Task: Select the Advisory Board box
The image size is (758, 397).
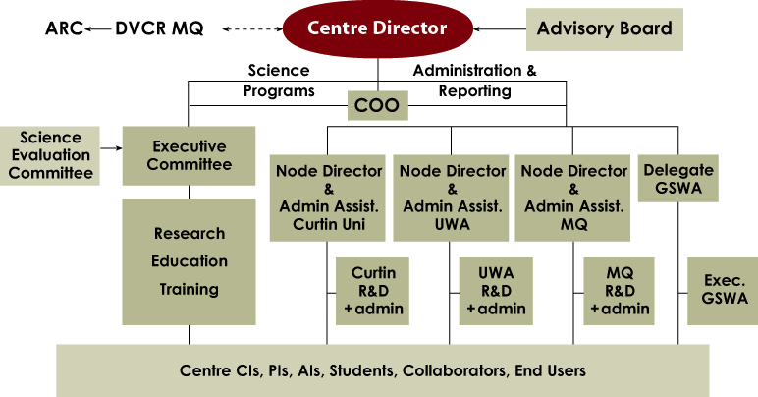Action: click(x=604, y=29)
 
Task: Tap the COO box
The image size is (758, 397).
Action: click(x=377, y=105)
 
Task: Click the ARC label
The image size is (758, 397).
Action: click(x=64, y=29)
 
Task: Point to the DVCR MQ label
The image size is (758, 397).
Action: click(x=160, y=29)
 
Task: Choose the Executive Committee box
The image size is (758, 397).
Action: click(x=189, y=155)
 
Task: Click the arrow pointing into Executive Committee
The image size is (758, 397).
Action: click(x=111, y=149)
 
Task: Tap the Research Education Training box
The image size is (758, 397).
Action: click(x=189, y=261)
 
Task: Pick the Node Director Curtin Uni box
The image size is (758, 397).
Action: click(x=329, y=196)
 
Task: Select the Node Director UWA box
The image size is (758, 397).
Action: click(x=452, y=196)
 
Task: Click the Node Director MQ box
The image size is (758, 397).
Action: click(x=573, y=196)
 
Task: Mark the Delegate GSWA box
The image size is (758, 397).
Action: click(x=677, y=178)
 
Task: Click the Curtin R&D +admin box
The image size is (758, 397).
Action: click(x=372, y=291)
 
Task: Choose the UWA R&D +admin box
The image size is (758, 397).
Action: click(x=496, y=291)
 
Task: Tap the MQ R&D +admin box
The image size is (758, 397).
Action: click(x=619, y=291)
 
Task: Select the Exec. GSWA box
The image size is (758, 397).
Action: click(x=722, y=291)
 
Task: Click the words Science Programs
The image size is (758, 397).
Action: click(x=279, y=81)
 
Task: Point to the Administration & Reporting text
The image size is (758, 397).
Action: click(x=475, y=81)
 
